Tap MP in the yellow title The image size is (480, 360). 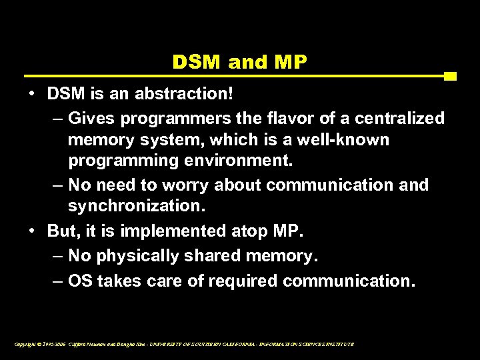[x=291, y=62]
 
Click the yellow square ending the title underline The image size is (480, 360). [x=450, y=76]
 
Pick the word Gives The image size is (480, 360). [x=92, y=119]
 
